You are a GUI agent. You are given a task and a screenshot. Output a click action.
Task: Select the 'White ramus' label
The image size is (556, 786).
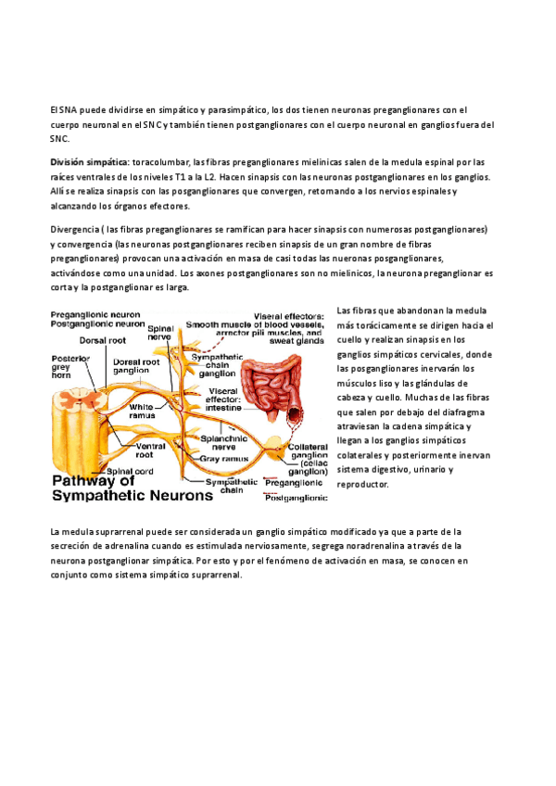click(x=142, y=411)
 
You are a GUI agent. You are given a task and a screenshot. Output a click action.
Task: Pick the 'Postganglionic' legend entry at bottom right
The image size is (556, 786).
click(x=296, y=498)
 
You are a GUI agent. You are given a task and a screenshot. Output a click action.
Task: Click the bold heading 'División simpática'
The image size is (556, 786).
click(x=90, y=161)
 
